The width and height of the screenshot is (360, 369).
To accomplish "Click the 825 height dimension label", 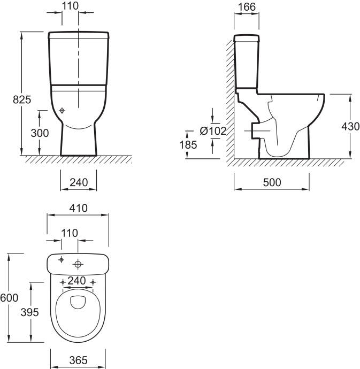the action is pos(22,100).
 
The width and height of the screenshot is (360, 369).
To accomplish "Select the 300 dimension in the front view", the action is pos(40,133).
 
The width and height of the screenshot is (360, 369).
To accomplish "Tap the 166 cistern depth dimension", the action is pos(247,7).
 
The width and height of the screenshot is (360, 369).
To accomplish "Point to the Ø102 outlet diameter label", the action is pos(213,131).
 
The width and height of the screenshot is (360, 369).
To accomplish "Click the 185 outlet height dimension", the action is pos(188,145).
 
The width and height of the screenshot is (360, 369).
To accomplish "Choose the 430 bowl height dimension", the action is pos(350,127).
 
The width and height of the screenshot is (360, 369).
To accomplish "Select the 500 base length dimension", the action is pos(272,182).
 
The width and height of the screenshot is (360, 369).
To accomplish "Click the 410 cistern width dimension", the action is pos(78,208).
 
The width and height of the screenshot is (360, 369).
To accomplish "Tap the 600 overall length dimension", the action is pos(9,298).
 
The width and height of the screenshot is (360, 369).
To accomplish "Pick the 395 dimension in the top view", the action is pos(29,312).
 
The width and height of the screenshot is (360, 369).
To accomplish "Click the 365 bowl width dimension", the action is pos(78,360).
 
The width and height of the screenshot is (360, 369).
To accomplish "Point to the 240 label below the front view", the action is pos(79,182).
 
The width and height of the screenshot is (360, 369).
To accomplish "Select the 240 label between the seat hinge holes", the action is pos(76,281).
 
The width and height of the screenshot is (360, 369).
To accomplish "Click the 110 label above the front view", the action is pos(70,6).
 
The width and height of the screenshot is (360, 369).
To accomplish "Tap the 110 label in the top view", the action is pos(70,233).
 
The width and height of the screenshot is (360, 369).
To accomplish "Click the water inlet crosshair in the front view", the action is pos(62,110).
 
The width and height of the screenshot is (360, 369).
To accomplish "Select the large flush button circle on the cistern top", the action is pos(78,264).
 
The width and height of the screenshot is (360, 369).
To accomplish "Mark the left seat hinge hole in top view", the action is pos(63,282).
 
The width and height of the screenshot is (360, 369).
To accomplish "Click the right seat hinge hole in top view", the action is pos(93,282).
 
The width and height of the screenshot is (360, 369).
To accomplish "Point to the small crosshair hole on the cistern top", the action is pos(61,260).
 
